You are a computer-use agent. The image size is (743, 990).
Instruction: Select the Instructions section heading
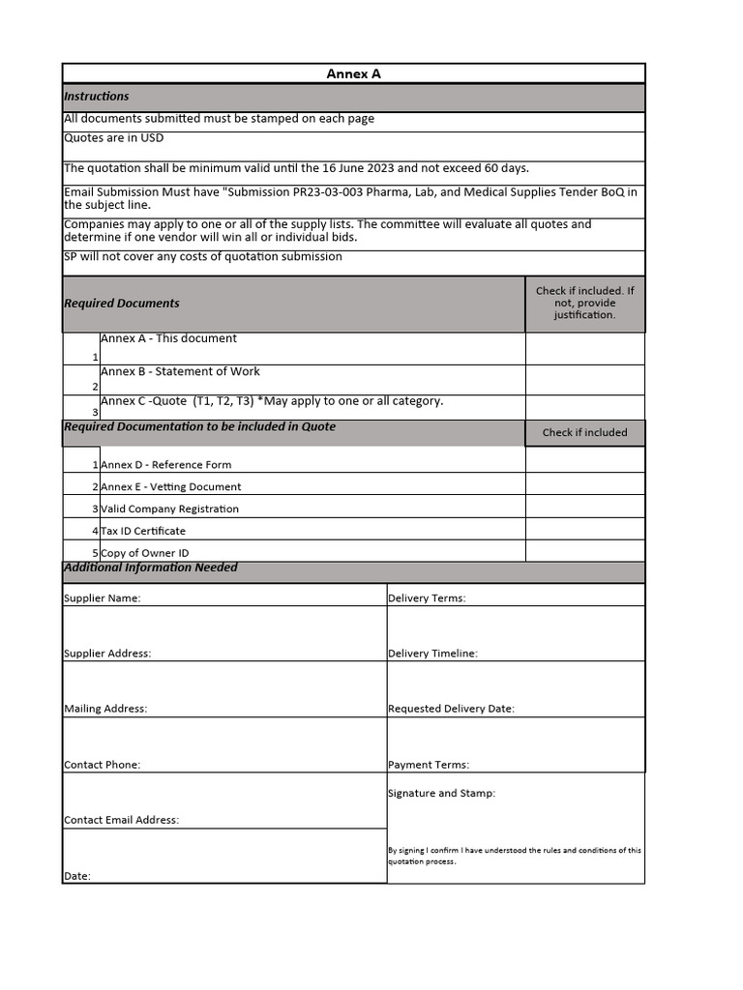pyautogui.click(x=97, y=97)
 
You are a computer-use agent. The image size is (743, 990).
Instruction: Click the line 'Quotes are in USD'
pyautogui.click(x=114, y=138)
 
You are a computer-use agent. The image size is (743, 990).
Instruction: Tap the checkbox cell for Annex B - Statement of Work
pyautogui.click(x=584, y=379)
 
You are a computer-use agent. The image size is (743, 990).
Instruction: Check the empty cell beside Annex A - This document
pyautogui.click(x=584, y=348)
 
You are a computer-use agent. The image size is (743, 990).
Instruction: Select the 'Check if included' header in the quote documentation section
pyautogui.click(x=584, y=433)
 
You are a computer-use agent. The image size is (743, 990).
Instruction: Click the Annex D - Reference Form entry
pyautogui.click(x=166, y=465)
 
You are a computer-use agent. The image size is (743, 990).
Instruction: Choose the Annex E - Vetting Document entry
pyautogui.click(x=171, y=487)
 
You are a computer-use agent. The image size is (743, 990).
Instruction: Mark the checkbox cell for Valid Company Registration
pyautogui.click(x=584, y=507)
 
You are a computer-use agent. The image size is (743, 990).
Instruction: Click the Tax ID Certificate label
pyautogui.click(x=143, y=531)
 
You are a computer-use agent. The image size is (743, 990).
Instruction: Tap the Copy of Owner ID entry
pyautogui.click(x=145, y=553)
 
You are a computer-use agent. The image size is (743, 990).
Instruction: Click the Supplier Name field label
pyautogui.click(x=103, y=598)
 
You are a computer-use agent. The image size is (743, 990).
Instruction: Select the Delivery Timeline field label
pyautogui.click(x=432, y=654)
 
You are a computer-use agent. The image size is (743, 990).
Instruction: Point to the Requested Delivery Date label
pyautogui.click(x=451, y=709)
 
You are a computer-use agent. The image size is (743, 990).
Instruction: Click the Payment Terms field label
pyautogui.click(x=429, y=765)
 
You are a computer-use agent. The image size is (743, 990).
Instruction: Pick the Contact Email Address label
pyautogui.click(x=122, y=820)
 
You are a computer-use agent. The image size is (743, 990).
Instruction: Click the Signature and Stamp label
pyautogui.click(x=441, y=794)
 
